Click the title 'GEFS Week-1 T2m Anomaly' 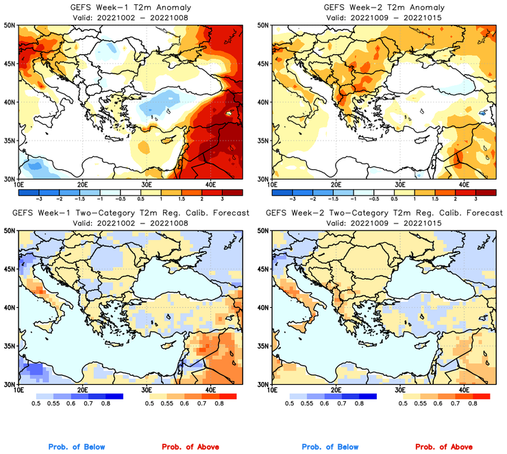pos(129,7)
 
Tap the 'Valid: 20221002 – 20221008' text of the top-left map pos(129,16)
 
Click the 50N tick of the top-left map pos(9,25)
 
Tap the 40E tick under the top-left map pos(210,185)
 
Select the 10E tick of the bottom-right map pos(272,390)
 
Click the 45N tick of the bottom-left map pos(9,270)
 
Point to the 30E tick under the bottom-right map pos(400,390)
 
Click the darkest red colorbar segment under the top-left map pos(232,193)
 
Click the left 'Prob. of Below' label pos(77,447)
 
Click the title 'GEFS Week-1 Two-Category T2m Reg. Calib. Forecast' pos(129,214)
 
